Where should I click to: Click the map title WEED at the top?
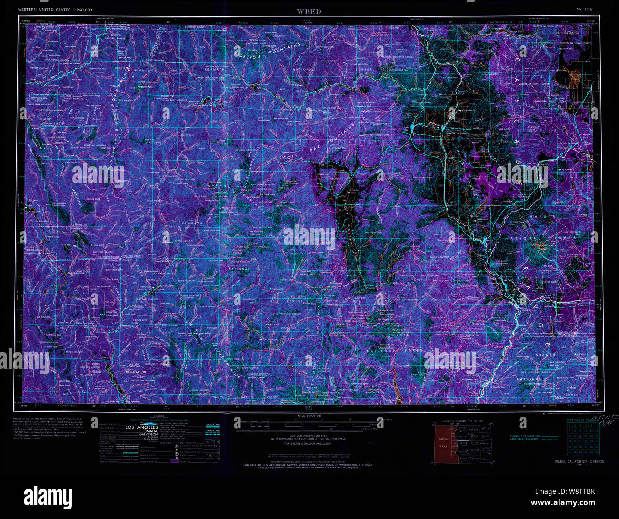coord(309,11)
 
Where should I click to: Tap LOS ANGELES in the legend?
coord(141,427)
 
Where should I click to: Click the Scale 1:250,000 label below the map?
coord(309,416)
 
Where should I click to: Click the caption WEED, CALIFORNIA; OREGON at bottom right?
coord(579,462)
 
